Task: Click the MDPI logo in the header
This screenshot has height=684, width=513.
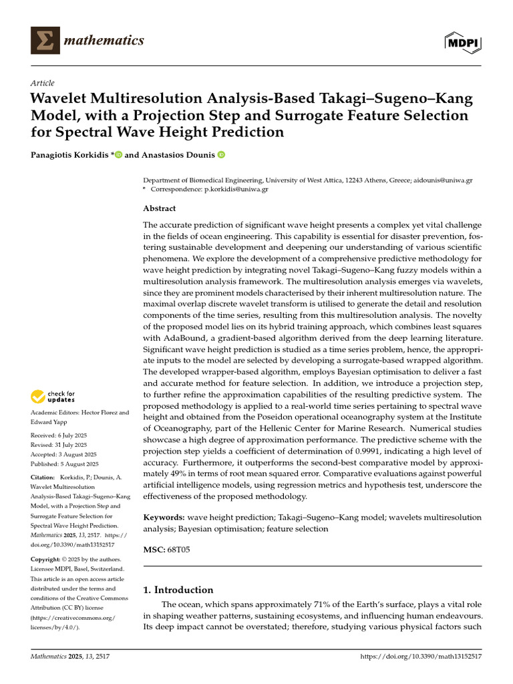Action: click(x=462, y=42)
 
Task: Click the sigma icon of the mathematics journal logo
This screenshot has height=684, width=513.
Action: click(x=45, y=41)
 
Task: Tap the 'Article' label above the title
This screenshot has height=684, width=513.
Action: click(x=43, y=83)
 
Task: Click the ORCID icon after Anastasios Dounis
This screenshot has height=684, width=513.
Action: click(x=221, y=155)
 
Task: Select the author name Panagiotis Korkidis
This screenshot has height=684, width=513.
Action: click(x=70, y=155)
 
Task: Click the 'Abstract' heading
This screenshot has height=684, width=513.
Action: click(x=160, y=208)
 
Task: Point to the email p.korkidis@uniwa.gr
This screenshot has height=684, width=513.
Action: click(x=236, y=190)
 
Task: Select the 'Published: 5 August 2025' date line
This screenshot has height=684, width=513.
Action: click(x=65, y=464)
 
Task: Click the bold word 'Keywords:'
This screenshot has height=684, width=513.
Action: click(x=164, y=518)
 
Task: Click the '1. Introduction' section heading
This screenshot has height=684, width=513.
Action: click(x=178, y=590)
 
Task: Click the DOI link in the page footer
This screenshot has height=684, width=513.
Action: click(x=421, y=657)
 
